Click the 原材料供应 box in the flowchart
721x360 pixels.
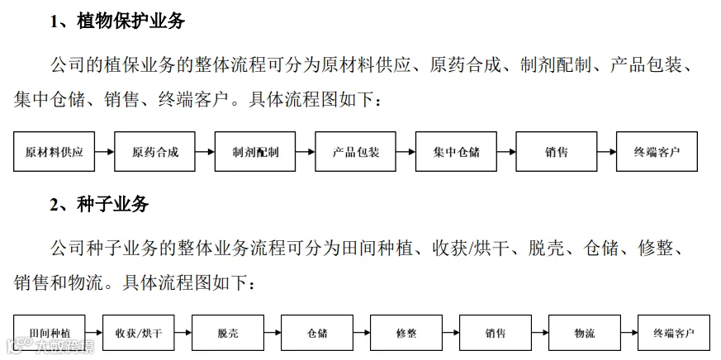coord(55,152)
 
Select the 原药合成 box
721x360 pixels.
coord(154,152)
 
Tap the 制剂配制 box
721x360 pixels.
coord(255,152)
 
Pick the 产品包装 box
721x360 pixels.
coord(355,152)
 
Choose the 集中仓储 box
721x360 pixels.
coord(456,152)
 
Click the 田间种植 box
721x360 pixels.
coord(50,333)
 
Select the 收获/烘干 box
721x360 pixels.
coord(139,333)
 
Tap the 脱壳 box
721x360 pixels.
coord(228,333)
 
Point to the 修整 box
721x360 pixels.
coord(406,333)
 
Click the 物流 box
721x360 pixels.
coord(585,333)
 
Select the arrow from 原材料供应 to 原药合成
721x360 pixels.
coord(104,152)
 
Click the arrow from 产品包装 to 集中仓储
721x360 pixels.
coord(406,152)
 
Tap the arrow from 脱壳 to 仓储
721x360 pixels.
coord(273,333)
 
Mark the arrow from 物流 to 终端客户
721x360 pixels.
coord(629,333)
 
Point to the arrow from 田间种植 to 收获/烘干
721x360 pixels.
coord(94,333)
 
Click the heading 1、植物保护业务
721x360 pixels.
coord(117,21)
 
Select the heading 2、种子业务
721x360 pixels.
coord(99,204)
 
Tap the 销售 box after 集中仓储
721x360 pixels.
coord(557,152)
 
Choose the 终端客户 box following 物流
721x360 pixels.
coord(674,333)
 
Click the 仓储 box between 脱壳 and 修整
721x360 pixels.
coord(317,333)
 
